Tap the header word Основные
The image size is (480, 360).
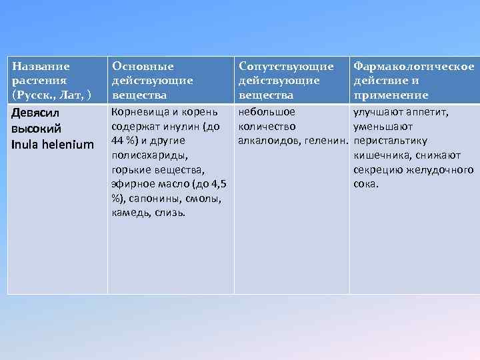[x=143, y=66]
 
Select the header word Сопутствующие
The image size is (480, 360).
[x=286, y=66]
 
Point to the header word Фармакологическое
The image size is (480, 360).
[x=414, y=66]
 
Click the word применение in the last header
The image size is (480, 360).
[x=391, y=95]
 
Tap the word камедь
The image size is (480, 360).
[x=129, y=213]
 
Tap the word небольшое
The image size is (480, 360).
[x=267, y=112]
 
